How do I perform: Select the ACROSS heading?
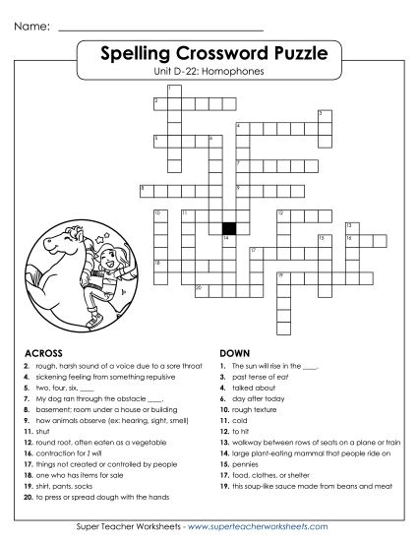pyautogui.click(x=42, y=351)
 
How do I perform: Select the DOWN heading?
pyautogui.click(x=234, y=351)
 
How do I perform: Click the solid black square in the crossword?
pyautogui.click(x=227, y=226)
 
